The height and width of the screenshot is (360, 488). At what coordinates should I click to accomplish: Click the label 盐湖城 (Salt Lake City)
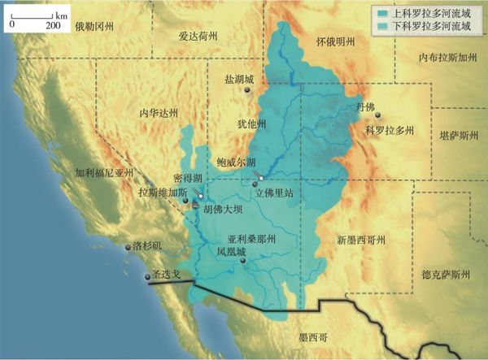coord(239,80)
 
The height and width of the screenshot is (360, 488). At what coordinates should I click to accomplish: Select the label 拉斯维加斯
coord(163,193)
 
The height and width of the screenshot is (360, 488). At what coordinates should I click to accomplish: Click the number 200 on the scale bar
coord(54,25)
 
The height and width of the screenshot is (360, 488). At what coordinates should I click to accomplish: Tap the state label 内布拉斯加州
coord(446,59)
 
